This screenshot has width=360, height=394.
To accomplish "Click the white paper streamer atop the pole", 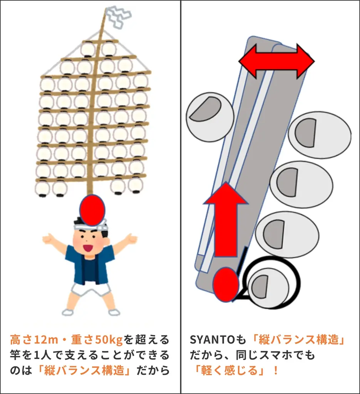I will tap(118, 16).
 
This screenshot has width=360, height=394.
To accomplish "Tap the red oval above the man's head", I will tap(92, 210).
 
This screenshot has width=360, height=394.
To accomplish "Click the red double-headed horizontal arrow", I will tap(276, 61).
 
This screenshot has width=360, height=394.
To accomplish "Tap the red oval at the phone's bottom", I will tap(226, 285).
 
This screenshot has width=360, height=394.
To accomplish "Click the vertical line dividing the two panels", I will tap(181, 192).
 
